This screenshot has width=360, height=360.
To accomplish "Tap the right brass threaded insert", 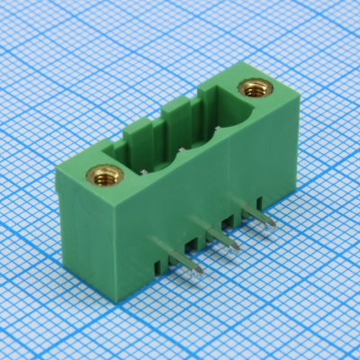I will coord(248,88).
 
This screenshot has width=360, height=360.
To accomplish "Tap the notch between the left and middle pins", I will coord(192,245).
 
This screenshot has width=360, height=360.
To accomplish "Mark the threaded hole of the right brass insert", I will coord(248,88).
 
